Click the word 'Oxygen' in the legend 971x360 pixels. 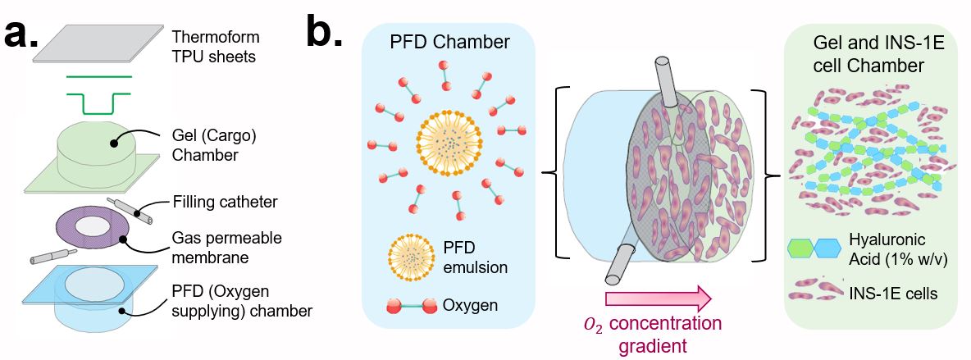471,305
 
